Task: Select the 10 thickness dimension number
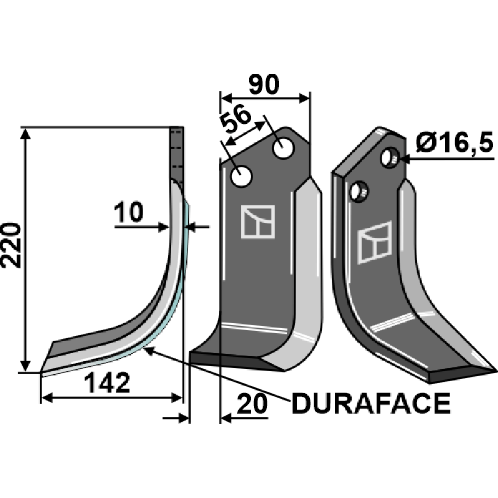pos(129,213)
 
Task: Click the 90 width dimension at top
pos(265,84)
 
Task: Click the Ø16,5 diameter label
pos(453,144)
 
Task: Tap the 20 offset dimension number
pos(252,404)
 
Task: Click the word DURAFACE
pos(370,404)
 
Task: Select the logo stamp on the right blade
pos(375,242)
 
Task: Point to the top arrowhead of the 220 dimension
pos(25,133)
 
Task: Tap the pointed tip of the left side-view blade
pos(42,372)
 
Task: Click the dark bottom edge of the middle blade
pos(230,359)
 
